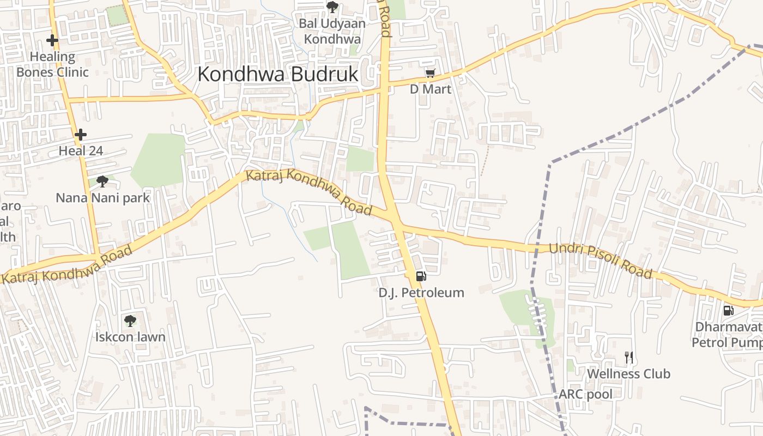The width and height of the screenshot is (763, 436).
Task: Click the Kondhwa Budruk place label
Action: click(x=278, y=74)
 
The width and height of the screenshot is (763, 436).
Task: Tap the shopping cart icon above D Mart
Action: click(x=430, y=73)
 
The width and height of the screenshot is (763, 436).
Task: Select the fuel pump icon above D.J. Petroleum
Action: click(x=421, y=276)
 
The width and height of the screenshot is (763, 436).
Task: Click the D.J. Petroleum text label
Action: click(x=421, y=293)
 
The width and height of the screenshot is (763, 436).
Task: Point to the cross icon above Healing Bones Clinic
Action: click(x=52, y=40)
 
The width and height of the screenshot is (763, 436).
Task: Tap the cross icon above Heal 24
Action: click(x=81, y=134)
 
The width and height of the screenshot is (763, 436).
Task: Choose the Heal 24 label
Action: click(x=81, y=151)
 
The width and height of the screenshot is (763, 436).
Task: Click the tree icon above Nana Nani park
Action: click(x=102, y=181)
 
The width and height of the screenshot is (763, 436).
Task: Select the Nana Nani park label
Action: click(x=102, y=197)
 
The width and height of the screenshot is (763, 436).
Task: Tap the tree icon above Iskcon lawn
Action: click(x=130, y=320)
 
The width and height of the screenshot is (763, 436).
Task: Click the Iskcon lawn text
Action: click(x=130, y=337)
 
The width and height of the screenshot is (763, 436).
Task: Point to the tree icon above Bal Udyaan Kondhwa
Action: click(x=332, y=7)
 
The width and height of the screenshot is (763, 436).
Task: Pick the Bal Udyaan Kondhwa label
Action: click(x=332, y=32)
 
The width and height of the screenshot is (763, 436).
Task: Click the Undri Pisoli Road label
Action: click(x=600, y=261)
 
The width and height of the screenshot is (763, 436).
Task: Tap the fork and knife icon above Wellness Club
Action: click(x=629, y=358)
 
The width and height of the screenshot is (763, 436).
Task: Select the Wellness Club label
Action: click(x=628, y=374)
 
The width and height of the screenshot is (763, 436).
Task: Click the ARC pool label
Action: click(x=586, y=394)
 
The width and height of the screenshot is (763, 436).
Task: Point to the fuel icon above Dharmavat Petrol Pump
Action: click(x=728, y=311)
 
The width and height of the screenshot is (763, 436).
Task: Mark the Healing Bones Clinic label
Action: click(x=52, y=64)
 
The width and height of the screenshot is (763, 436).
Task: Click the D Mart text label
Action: click(x=431, y=89)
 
